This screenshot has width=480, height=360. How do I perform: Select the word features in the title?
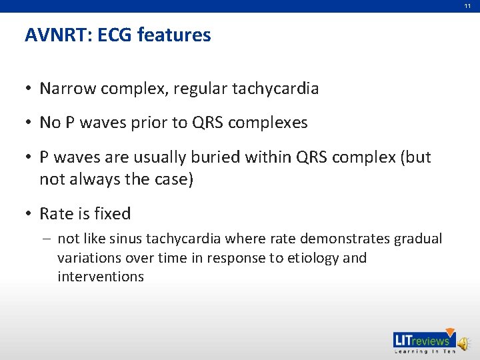coord(174,35)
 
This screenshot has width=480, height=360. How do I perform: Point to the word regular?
coord(201,88)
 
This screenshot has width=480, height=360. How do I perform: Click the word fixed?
coord(114,214)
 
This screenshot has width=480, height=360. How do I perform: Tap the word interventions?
coord(101,276)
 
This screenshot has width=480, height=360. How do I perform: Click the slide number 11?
coord(467,5)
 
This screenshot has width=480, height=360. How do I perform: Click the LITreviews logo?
coord(423,341)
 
